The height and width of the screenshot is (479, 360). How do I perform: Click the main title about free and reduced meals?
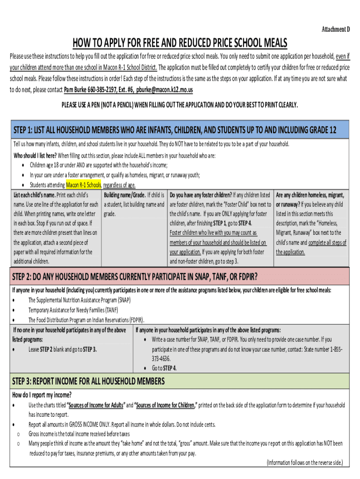click(x=180, y=43)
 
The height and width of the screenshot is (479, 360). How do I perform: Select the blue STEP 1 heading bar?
click(x=180, y=130)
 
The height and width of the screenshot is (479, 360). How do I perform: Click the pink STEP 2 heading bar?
click(x=180, y=276)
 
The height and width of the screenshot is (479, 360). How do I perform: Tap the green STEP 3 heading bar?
click(x=180, y=381)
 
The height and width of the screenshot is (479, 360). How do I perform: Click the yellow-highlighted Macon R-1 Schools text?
click(x=84, y=185)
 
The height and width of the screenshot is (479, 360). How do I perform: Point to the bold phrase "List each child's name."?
click(x=35, y=195)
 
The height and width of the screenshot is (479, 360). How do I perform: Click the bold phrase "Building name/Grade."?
click(x=124, y=195)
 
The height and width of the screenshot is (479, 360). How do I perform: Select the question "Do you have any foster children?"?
click(x=201, y=195)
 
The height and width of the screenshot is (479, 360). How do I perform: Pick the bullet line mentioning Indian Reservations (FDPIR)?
click(x=86, y=320)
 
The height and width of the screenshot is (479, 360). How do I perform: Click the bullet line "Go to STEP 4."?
click(x=164, y=368)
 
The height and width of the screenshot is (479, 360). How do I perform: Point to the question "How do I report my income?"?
click(x=42, y=395)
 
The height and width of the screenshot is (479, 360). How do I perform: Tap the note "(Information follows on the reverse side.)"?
click(x=304, y=463)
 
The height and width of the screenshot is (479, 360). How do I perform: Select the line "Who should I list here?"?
click(x=35, y=156)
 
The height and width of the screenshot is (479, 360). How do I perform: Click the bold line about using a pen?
click(x=180, y=104)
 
